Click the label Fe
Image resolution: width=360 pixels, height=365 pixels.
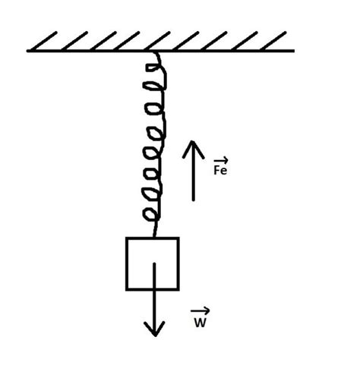coord(220,170)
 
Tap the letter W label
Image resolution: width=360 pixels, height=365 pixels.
coord(201,323)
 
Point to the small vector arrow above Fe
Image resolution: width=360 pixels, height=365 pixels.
coord(221,160)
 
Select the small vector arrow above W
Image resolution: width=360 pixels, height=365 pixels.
coord(200,310)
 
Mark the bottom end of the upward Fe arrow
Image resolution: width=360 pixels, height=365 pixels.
coord(194,200)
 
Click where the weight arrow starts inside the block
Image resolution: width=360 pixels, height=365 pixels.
coord(154,263)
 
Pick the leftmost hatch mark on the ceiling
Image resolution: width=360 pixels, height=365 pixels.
coord(43,41)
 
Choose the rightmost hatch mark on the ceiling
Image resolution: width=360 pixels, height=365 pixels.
coord(273,41)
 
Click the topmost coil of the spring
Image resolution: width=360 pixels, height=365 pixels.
coord(156,68)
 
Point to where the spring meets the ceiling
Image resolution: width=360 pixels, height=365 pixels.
coord(155,52)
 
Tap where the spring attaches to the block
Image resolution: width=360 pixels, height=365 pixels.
coord(154,237)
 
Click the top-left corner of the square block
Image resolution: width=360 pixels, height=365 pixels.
coord(127,238)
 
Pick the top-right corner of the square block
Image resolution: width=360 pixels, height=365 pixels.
coord(178,238)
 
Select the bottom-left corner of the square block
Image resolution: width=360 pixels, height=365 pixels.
coord(127,289)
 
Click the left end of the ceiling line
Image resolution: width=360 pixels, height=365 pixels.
coord(27,51)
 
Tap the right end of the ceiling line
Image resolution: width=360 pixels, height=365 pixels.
coord(294,51)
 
